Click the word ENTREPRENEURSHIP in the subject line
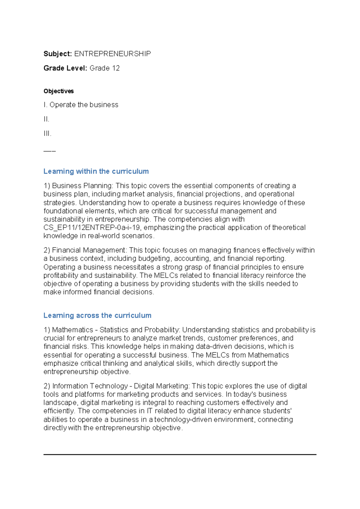[112, 54]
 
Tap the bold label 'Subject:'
[58, 54]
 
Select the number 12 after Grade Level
[116, 68]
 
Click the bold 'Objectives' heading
[58, 91]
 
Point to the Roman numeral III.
[47, 134]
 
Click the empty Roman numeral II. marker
[46, 119]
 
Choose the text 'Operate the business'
[84, 105]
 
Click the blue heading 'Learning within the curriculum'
[96, 171]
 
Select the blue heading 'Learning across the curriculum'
[97, 315]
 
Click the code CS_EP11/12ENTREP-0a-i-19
[91, 227]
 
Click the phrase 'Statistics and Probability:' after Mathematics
[140, 330]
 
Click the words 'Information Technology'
[90, 386]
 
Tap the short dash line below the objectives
[49, 151]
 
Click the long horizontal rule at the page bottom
[180, 454]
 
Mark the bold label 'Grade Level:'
[65, 68]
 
